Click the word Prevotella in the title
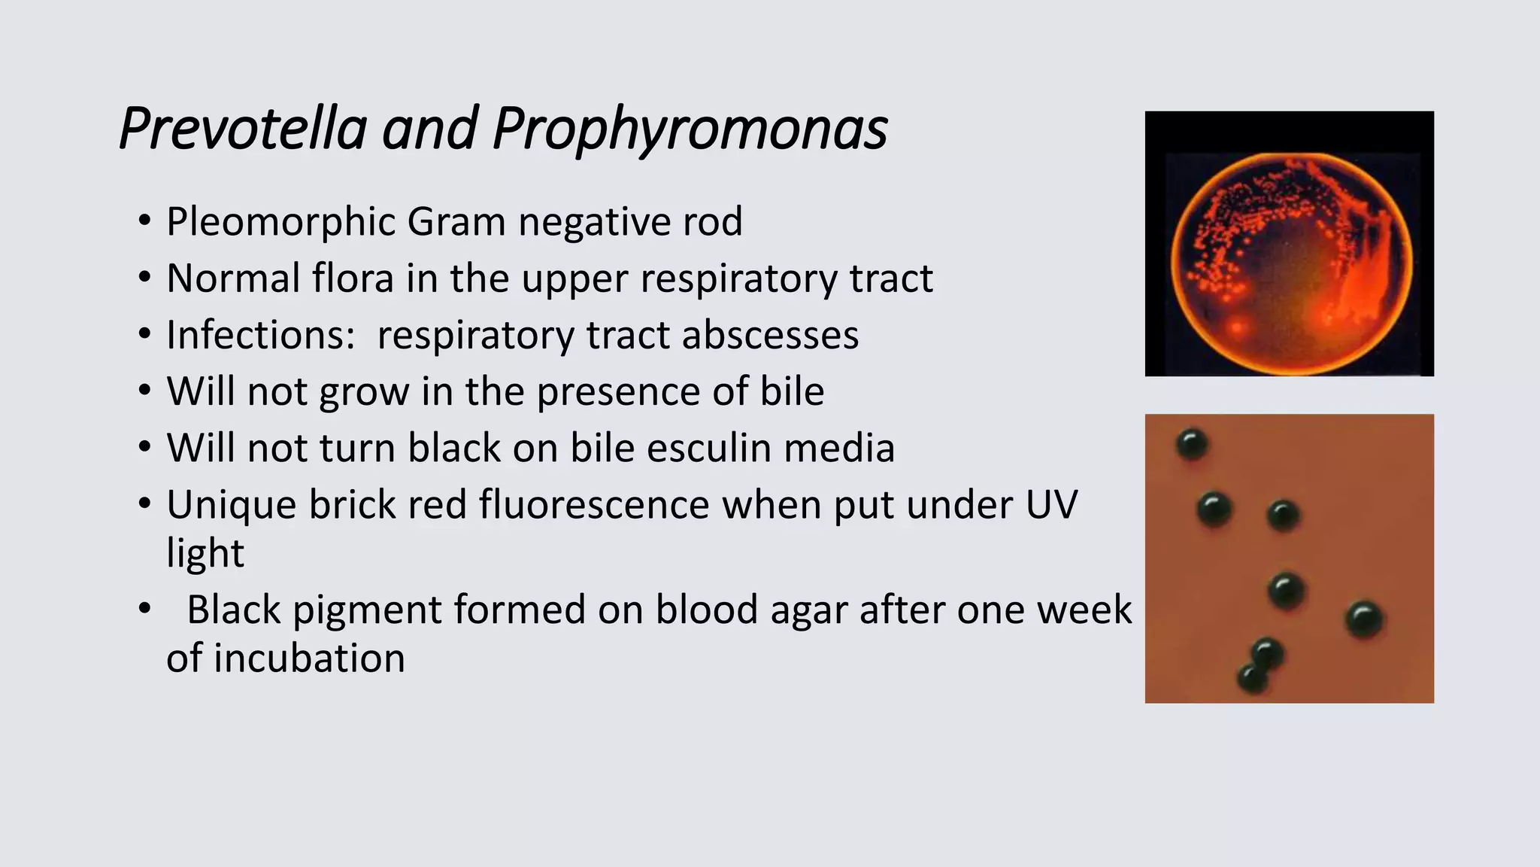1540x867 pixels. (242, 129)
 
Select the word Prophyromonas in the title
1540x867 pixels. (690, 129)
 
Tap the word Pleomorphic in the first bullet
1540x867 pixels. (282, 222)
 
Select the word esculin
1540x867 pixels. (708, 448)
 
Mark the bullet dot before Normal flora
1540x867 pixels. (144, 278)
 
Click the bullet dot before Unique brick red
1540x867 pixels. (144, 504)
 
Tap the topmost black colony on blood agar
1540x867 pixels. (1192, 444)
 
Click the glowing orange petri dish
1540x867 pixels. (1290, 263)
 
